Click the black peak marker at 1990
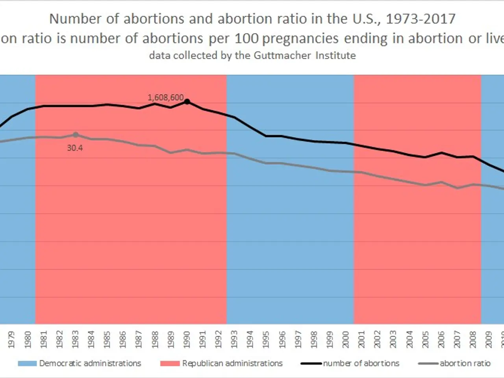pyautogui.click(x=187, y=102)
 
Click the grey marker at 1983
pyautogui.click(x=76, y=135)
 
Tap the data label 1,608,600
pyautogui.click(x=165, y=97)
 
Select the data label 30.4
pyautogui.click(x=75, y=148)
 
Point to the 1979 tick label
pyautogui.click(x=11, y=339)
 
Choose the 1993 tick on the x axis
pyautogui.click(x=234, y=339)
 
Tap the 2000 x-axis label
pyautogui.click(x=346, y=339)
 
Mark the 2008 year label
pyautogui.click(x=473, y=339)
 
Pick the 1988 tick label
pyautogui.click(x=155, y=339)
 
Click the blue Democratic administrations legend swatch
pyautogui.click(x=27, y=363)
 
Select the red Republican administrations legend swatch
pyautogui.click(x=170, y=363)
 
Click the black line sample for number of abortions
pyautogui.click(x=311, y=363)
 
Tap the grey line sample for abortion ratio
pyautogui.click(x=428, y=363)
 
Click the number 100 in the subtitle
pyautogui.click(x=247, y=39)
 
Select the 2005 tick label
pyautogui.click(x=425, y=339)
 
